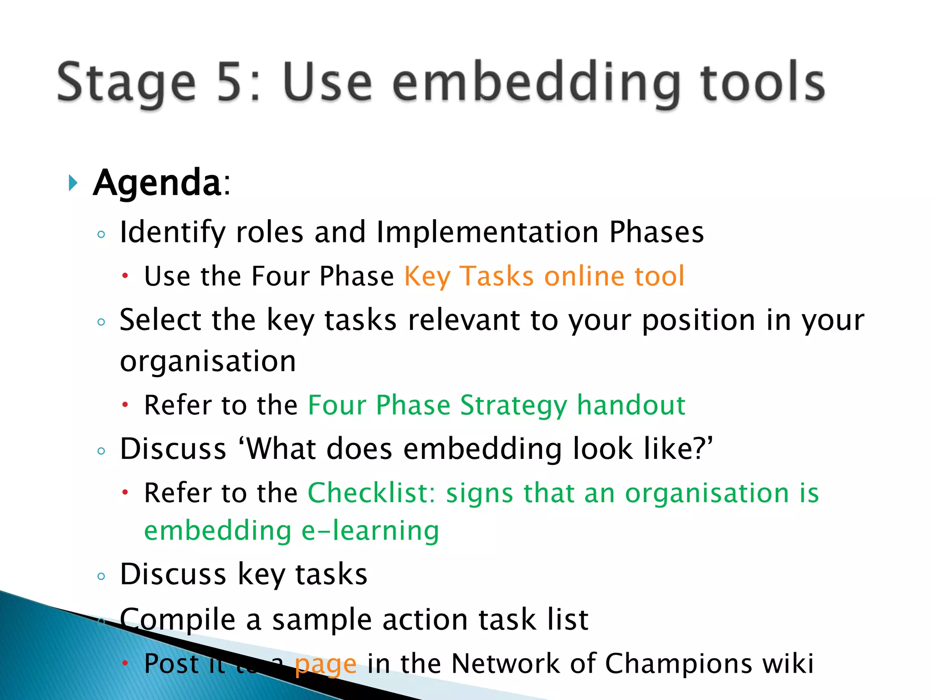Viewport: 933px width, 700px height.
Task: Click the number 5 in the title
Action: click(x=233, y=82)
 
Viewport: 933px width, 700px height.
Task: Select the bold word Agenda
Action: click(x=158, y=183)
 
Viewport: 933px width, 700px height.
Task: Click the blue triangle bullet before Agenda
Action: click(x=72, y=183)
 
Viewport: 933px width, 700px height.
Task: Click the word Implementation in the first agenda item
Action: click(x=487, y=232)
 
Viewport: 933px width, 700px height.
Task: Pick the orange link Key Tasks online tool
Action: click(x=544, y=276)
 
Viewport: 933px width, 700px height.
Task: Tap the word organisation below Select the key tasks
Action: click(x=208, y=361)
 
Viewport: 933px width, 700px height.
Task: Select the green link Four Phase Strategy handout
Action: click(x=497, y=405)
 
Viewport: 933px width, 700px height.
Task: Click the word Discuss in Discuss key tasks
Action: click(x=173, y=574)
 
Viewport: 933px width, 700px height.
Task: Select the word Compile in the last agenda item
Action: click(x=178, y=620)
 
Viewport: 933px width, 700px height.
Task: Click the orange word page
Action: click(x=325, y=664)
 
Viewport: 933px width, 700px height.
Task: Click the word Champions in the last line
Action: click(x=678, y=664)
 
